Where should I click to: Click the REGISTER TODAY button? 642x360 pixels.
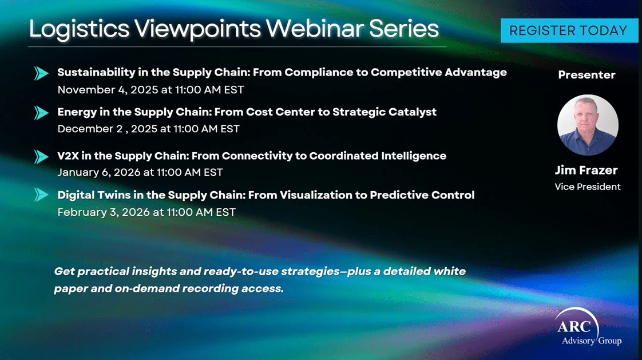[569, 30]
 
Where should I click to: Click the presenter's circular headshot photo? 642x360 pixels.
[588, 125]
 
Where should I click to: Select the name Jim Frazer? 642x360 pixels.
[586, 170]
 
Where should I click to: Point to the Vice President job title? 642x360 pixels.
[588, 187]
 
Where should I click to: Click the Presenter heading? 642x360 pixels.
[586, 75]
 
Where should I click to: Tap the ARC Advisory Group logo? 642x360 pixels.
[588, 327]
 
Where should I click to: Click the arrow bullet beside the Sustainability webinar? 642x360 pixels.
[41, 73]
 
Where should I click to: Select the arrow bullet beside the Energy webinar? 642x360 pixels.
[41, 113]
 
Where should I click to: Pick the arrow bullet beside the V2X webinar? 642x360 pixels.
[41, 156]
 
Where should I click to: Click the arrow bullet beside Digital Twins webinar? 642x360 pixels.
[41, 195]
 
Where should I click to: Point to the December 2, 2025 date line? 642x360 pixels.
[148, 129]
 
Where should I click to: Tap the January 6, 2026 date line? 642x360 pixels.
[140, 172]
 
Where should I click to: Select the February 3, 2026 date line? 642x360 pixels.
[146, 212]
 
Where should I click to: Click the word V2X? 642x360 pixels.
[68, 156]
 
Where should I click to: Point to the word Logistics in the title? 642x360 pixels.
[79, 29]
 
